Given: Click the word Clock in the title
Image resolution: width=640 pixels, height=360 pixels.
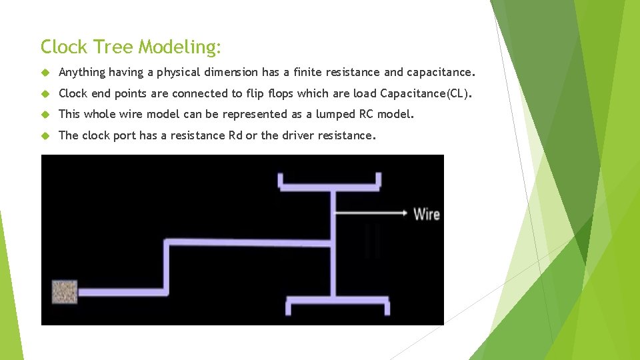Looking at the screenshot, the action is [63, 47].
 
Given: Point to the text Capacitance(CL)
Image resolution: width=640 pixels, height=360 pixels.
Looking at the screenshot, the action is [426, 93].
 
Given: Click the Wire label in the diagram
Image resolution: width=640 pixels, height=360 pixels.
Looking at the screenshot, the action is [426, 213].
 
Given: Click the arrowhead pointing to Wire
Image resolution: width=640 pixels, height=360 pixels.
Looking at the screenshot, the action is [404, 213].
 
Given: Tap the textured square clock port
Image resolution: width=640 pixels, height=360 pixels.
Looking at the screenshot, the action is [65, 291].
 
